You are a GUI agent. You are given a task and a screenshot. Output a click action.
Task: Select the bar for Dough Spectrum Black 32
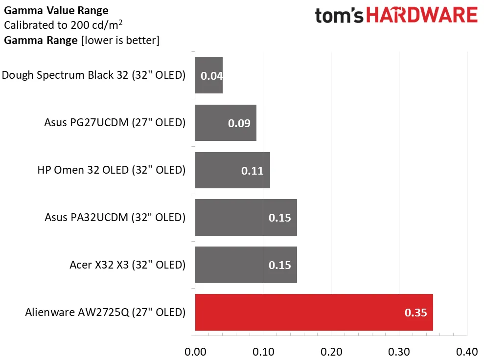(x=208, y=75)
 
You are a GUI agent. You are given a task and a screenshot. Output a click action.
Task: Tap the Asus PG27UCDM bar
(x=225, y=123)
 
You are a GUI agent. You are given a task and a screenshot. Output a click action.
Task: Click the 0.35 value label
(x=416, y=313)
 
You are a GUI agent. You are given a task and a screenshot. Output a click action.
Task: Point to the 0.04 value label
(x=211, y=76)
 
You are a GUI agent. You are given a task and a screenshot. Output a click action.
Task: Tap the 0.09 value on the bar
(x=239, y=123)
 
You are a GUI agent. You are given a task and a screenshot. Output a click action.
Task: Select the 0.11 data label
(x=253, y=171)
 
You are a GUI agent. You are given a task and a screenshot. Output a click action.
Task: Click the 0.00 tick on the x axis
(x=195, y=352)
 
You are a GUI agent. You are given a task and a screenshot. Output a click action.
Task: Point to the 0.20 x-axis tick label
(x=331, y=352)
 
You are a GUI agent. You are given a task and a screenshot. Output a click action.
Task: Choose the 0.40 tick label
(x=466, y=352)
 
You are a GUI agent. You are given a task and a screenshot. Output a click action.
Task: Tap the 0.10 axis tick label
(x=263, y=352)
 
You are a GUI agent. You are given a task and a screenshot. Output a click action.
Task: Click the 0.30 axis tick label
(x=399, y=352)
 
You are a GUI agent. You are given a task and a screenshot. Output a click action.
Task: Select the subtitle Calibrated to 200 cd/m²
(x=63, y=25)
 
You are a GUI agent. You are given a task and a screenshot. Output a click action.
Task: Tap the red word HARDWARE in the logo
(x=423, y=15)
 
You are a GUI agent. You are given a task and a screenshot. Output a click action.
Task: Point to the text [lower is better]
(x=120, y=40)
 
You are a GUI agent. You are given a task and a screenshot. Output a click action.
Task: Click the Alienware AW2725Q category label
(x=105, y=312)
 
